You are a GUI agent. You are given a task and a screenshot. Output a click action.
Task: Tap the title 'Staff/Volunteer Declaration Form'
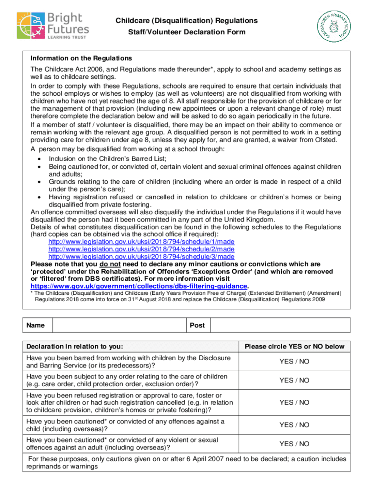[186, 32]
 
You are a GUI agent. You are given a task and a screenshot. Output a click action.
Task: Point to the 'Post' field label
[197, 325]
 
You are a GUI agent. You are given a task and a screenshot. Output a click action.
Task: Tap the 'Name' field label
[36, 325]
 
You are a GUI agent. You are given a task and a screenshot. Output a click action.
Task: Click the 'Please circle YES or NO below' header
[295, 347]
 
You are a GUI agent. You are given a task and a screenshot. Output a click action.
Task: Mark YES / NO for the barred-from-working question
[294, 362]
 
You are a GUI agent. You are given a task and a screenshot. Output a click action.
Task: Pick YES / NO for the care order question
[294, 380]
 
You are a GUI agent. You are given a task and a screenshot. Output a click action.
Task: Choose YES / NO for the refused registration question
[294, 402]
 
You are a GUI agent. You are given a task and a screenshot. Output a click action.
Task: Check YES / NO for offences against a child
[294, 425]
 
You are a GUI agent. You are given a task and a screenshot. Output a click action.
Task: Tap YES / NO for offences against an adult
[294, 444]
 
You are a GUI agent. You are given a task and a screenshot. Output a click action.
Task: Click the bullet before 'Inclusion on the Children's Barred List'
[38, 159]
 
